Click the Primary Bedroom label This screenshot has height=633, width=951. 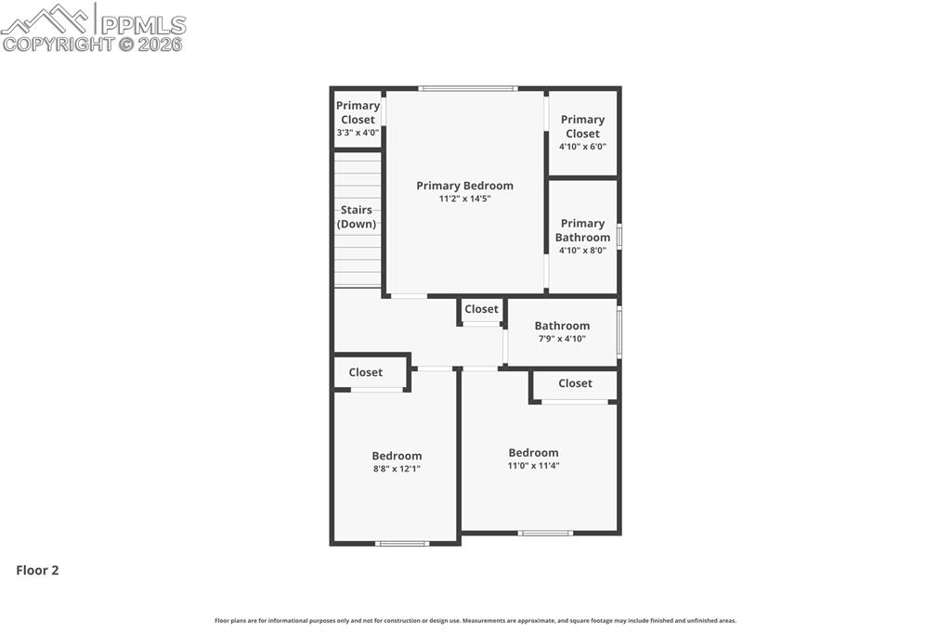[464, 186]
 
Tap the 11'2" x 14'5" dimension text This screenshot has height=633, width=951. [464, 199]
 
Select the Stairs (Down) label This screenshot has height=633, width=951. [357, 217]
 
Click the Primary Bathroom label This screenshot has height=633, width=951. [582, 230]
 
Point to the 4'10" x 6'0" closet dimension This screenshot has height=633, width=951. [582, 147]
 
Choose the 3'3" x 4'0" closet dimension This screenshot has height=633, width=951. [358, 133]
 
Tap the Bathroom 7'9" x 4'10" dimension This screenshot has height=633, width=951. [562, 339]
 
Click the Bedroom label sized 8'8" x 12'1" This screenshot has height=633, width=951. [397, 456]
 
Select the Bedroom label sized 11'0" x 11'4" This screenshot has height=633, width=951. [533, 453]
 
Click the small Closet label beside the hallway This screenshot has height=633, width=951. [481, 309]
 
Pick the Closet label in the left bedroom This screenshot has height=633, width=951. [365, 372]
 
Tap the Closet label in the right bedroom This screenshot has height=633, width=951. [575, 383]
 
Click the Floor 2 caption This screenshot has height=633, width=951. [37, 571]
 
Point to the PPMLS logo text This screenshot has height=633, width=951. [143, 25]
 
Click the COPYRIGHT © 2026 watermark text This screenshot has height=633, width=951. [93, 44]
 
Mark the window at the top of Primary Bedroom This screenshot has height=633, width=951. [467, 88]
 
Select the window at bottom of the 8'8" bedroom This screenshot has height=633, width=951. [402, 543]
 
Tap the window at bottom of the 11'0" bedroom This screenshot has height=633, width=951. [545, 533]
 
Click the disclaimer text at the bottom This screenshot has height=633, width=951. [475, 621]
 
